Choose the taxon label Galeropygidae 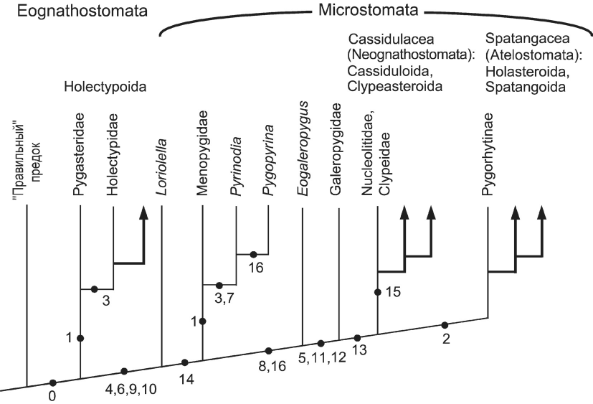click(x=336, y=160)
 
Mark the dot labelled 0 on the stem click(x=52, y=382)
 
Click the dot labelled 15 click(x=377, y=292)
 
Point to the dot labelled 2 click(x=445, y=325)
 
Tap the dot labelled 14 click(x=185, y=362)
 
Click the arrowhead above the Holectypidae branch click(x=144, y=212)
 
